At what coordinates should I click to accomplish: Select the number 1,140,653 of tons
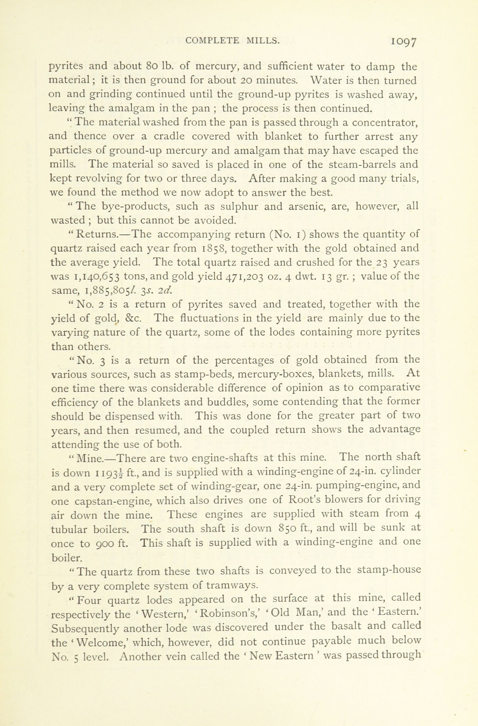pos(97,276)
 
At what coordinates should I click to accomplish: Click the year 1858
pos(214,248)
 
